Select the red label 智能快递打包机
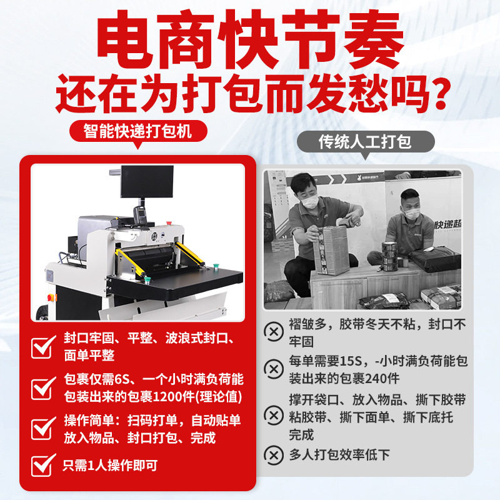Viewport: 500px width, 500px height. click(137, 131)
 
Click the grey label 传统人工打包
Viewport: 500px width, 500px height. click(366, 142)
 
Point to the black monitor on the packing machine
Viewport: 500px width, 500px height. click(147, 181)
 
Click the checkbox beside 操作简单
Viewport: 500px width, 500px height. click(43, 429)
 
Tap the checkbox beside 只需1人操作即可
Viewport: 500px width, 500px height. click(43, 465)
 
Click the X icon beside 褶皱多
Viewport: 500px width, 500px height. click(274, 331)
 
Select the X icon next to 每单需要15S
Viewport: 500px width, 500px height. click(274, 369)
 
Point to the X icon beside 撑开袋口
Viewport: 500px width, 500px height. click(274, 414)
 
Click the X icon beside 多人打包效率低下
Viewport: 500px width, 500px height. click(274, 454)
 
